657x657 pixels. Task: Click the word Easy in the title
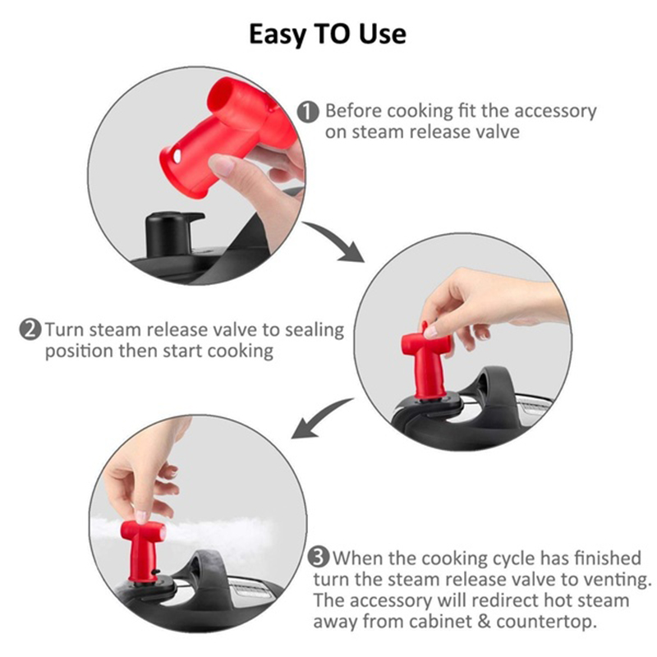click(277, 34)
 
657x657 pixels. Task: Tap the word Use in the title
click(383, 34)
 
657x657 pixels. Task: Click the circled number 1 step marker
click(308, 113)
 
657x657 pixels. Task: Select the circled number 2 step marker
click(30, 330)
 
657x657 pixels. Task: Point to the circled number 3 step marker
click(319, 558)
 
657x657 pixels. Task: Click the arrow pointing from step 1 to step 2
click(335, 240)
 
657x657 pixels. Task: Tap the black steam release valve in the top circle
click(170, 235)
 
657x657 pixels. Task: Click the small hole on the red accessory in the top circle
click(177, 156)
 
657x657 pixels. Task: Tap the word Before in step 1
click(353, 112)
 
